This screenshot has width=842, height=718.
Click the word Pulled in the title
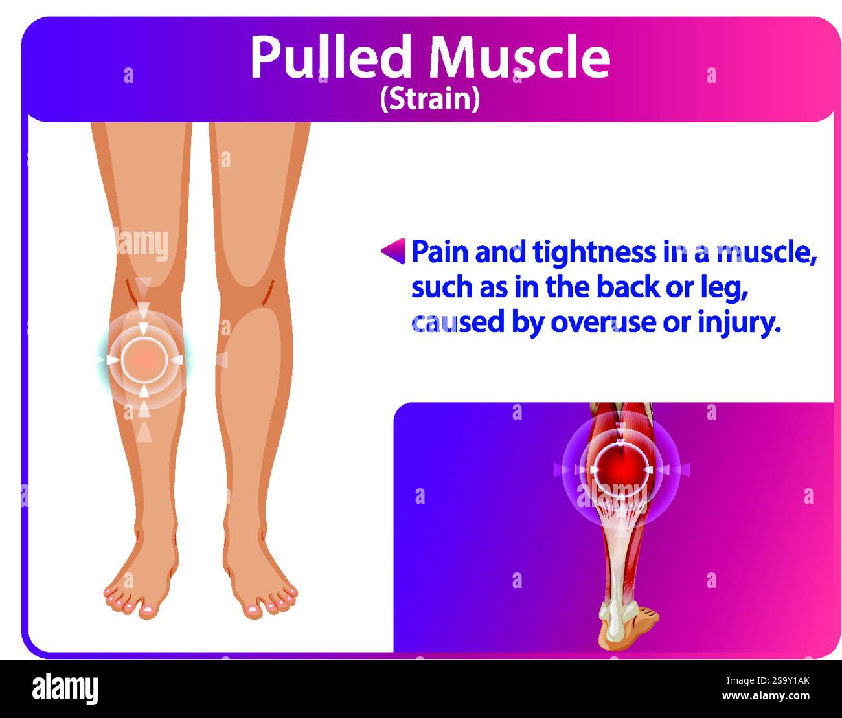(x=330, y=56)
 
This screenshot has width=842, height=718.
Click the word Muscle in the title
(x=519, y=56)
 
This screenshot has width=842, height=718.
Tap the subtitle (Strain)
(x=430, y=99)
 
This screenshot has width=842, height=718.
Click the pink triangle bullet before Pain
(x=394, y=251)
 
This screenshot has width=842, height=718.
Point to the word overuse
(x=604, y=322)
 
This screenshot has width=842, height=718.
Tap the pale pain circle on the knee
(x=144, y=359)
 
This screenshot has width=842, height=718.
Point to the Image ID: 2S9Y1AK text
(x=768, y=680)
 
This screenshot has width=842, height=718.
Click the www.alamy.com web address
(x=766, y=696)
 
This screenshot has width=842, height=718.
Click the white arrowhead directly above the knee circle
(x=143, y=328)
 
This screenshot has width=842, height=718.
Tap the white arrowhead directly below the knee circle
(x=144, y=390)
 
